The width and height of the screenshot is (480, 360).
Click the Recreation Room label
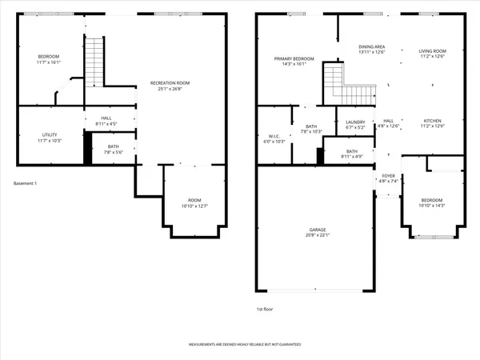click(x=171, y=82)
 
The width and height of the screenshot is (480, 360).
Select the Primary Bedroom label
click(x=294, y=58)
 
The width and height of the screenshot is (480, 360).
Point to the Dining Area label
click(x=371, y=47)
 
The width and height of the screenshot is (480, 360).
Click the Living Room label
click(x=432, y=52)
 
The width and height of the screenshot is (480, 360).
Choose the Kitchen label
click(x=432, y=121)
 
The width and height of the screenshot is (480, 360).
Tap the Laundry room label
click(x=355, y=122)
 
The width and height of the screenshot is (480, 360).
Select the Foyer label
click(x=388, y=176)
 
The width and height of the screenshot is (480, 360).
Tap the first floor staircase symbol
click(x=337, y=80)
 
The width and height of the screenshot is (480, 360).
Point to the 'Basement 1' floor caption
click(x=26, y=184)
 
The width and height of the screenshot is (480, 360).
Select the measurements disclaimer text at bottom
click(x=245, y=345)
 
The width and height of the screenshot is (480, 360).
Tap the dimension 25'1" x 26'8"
click(x=171, y=89)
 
